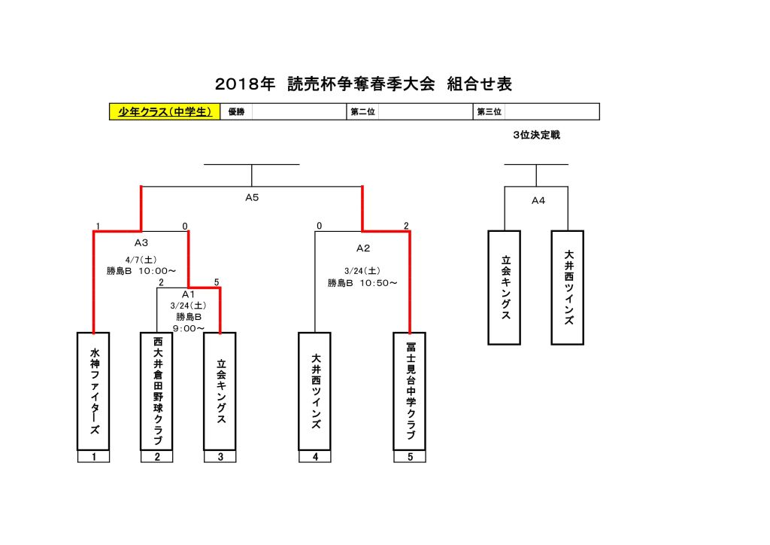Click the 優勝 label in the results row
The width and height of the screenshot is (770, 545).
point(236,112)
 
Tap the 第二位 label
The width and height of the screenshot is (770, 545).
point(362,112)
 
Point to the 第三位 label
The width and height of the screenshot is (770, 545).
point(490,112)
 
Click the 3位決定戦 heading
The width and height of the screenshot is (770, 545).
point(536,135)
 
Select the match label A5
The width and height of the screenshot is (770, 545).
point(252,199)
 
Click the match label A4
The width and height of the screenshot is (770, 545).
point(538,200)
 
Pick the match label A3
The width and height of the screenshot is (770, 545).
point(141,242)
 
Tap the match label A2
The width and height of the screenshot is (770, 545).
point(363,247)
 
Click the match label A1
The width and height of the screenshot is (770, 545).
point(188,294)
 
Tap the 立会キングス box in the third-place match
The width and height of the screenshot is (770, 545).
point(505,288)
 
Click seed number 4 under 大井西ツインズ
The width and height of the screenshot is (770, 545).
point(315,456)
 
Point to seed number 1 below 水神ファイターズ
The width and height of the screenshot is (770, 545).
point(94,456)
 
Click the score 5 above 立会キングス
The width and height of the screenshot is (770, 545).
point(217,282)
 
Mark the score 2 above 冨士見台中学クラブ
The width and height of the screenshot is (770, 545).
point(406,226)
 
